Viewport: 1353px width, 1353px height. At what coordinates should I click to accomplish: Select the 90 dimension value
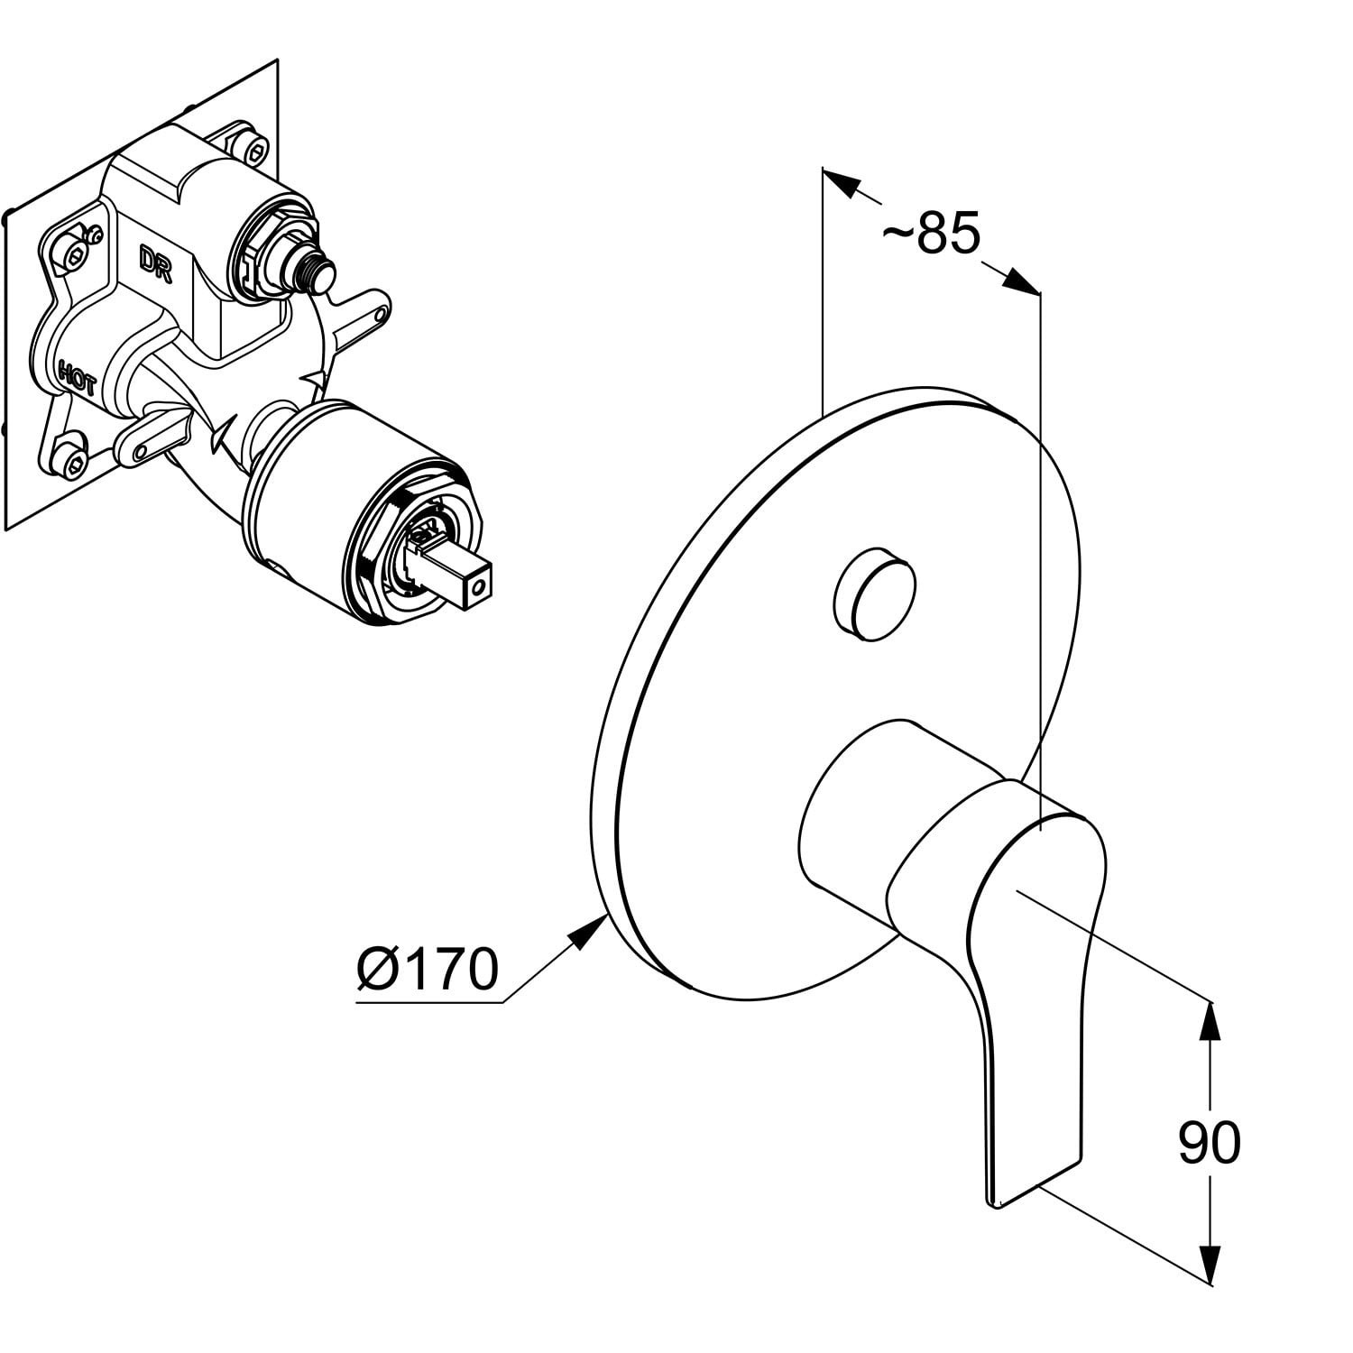click(1210, 1143)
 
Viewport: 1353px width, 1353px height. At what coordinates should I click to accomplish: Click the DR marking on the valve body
click(155, 263)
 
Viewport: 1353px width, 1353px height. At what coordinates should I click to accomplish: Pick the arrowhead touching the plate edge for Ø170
click(587, 929)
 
